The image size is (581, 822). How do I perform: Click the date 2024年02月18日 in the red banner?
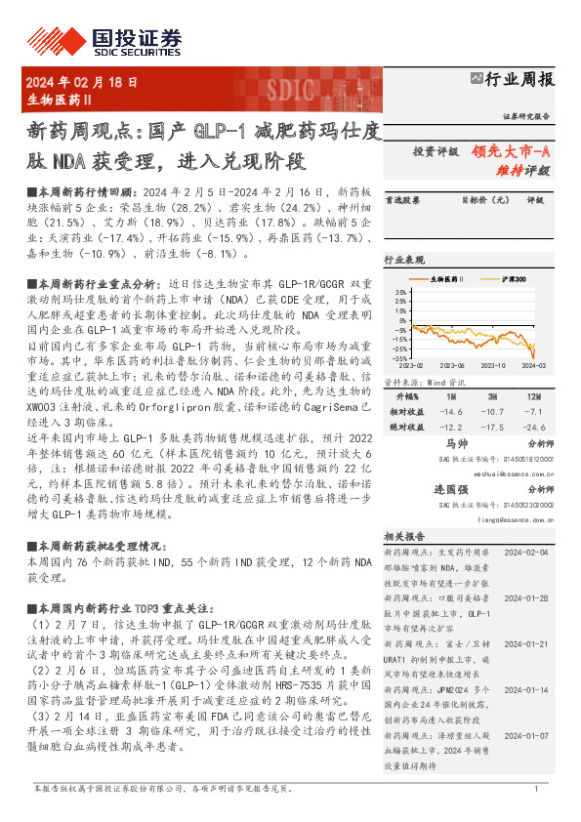click(81, 83)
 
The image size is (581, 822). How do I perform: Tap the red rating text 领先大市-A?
click(511, 151)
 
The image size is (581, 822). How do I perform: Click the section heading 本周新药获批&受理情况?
click(94, 547)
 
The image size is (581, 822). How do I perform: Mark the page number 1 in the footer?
click(536, 789)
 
